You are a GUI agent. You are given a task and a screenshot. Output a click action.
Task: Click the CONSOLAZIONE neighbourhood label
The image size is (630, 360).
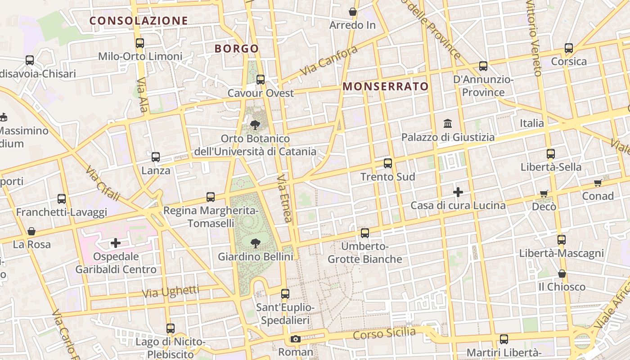139,21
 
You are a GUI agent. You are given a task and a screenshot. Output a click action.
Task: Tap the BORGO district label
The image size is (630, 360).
237,49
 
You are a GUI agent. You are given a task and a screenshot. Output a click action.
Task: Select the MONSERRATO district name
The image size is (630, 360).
386,86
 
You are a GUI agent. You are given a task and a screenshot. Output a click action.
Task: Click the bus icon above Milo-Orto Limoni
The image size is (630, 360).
140,43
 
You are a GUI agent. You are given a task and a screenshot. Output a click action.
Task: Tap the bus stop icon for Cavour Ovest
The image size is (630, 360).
261,80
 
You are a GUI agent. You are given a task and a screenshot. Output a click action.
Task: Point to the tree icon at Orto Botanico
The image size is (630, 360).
255,125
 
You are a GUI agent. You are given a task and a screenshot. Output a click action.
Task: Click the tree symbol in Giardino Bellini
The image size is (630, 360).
255,243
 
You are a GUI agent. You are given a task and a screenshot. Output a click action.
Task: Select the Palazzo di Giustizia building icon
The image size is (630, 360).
448,123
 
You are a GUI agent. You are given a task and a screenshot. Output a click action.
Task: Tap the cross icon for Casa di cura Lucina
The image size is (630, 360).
458,192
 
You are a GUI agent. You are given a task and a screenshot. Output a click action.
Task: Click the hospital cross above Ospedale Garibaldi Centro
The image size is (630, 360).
116,243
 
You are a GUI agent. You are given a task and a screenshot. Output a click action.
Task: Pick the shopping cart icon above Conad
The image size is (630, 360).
598,183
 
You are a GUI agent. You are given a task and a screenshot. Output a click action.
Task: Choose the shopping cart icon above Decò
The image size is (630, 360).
544,193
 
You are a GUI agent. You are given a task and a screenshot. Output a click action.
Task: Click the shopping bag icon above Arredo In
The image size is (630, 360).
353,12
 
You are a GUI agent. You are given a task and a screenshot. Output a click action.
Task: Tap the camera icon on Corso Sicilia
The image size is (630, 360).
295,339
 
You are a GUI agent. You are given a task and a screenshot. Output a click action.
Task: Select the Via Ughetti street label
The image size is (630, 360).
171,292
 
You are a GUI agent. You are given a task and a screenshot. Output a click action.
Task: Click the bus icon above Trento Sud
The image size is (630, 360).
388,163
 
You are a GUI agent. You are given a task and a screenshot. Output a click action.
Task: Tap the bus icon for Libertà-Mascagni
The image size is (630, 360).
561,240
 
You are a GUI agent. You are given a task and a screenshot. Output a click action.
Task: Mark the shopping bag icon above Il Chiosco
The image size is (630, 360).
562,274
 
